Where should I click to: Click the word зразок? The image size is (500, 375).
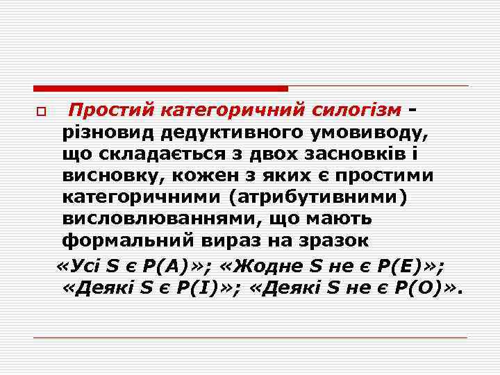[x=340, y=242]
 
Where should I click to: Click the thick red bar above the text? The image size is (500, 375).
[x=160, y=89]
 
